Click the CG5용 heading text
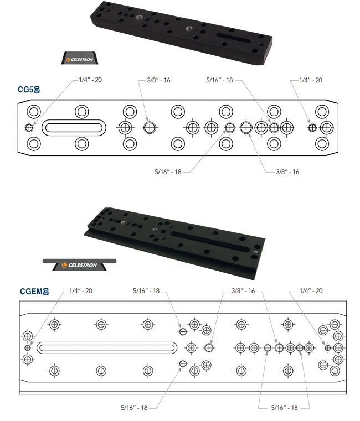(29, 90)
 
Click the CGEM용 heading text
(35, 291)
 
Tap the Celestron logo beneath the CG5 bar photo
(80, 59)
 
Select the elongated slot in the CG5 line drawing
(74, 128)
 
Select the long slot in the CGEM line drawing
(107, 348)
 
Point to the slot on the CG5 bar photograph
(233, 38)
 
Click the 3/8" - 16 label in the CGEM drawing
(243, 291)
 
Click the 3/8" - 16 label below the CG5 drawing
(287, 172)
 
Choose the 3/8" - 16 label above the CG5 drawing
(158, 80)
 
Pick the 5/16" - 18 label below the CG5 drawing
(168, 172)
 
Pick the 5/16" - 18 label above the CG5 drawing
(219, 80)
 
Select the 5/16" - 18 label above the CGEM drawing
(146, 291)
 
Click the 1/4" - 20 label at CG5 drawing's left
(90, 80)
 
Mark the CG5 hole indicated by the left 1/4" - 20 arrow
(28, 128)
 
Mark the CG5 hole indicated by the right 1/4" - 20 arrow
(312, 128)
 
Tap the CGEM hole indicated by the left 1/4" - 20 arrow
(28, 348)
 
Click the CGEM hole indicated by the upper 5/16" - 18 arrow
(183, 332)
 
